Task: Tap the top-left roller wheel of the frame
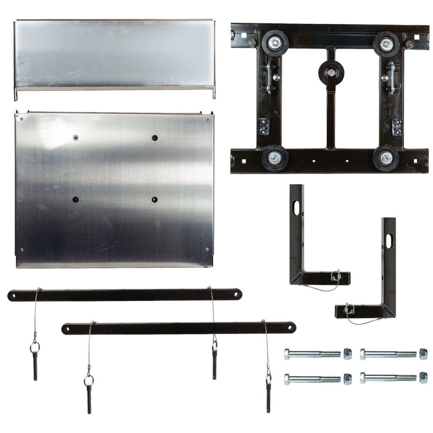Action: (275, 42)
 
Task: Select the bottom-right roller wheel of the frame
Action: (385, 158)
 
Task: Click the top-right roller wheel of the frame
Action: (386, 43)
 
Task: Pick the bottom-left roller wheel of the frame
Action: (275, 158)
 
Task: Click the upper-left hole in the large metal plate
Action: (76, 138)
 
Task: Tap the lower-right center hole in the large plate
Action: (155, 200)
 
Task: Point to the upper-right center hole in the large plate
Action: (155, 138)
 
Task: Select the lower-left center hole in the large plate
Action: (76, 200)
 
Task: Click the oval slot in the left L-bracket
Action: (296, 208)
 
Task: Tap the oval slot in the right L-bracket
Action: (389, 241)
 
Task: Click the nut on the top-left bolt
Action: (347, 354)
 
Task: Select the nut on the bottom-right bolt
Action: (423, 378)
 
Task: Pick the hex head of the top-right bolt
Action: (363, 354)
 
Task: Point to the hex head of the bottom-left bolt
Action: (287, 379)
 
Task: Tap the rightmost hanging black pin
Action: (268, 397)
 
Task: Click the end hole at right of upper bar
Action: (236, 294)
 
